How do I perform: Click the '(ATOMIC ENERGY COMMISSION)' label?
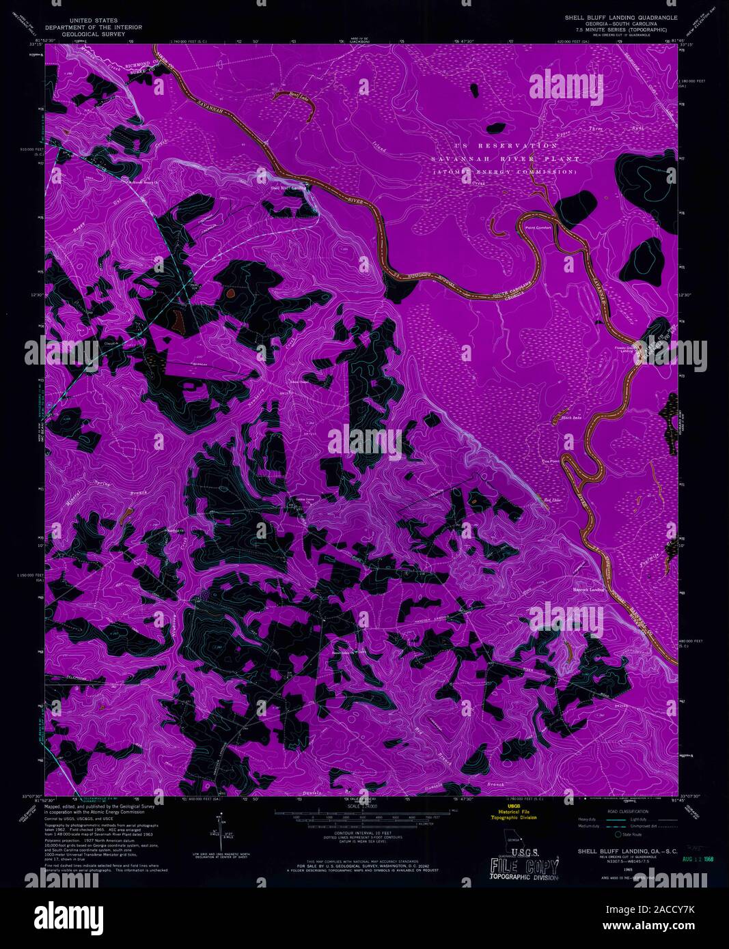coord(509,172)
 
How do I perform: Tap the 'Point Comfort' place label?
coord(538,227)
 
